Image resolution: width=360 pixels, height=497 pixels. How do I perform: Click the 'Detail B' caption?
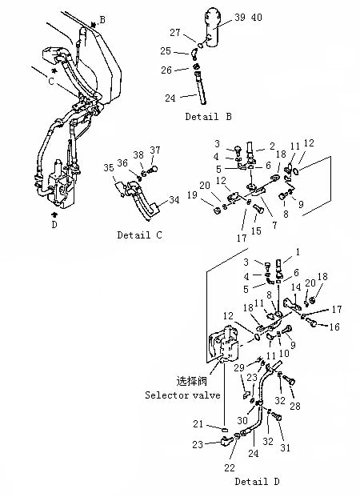pyautogui.click(x=209, y=117)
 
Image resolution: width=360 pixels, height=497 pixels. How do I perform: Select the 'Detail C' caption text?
pyautogui.click(x=139, y=234)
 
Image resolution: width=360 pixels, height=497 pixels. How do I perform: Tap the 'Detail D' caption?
pyautogui.click(x=257, y=482)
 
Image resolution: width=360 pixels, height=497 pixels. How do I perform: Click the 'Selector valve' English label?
pyautogui.click(x=182, y=395)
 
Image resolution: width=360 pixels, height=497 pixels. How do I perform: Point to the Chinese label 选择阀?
pyautogui.click(x=191, y=381)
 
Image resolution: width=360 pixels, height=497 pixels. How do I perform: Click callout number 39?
pyautogui.click(x=240, y=17)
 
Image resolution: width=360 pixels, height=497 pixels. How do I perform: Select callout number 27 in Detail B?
pyautogui.click(x=175, y=32)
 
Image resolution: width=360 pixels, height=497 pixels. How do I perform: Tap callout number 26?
pyautogui.click(x=166, y=70)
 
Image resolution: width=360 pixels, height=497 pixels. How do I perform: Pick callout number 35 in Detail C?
pyautogui.click(x=109, y=167)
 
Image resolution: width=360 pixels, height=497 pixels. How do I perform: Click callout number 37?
pyautogui.click(x=155, y=150)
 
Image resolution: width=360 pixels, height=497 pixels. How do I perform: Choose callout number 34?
pyautogui.click(x=174, y=200)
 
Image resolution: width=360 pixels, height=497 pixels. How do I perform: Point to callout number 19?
pyautogui.click(x=192, y=194)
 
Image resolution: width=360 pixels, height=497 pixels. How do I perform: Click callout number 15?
pyautogui.click(x=256, y=230)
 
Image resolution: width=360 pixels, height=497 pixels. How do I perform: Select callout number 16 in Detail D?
pyautogui.click(x=334, y=327)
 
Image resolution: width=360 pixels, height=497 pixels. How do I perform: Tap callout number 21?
pyautogui.click(x=198, y=423)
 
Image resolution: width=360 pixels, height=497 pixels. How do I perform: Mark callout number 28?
pyautogui.click(x=295, y=406)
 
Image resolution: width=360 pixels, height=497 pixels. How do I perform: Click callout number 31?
pyautogui.click(x=286, y=447)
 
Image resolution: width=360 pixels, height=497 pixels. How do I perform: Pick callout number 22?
pyautogui.click(x=230, y=467)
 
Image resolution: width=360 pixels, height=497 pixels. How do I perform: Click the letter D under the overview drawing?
pyautogui.click(x=54, y=224)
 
